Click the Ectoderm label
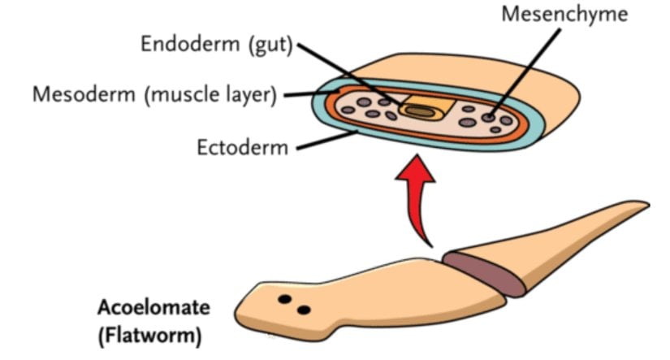pyautogui.click(x=242, y=148)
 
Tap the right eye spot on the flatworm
pyautogui.click(x=304, y=309)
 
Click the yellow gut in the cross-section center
pyautogui.click(x=421, y=110)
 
